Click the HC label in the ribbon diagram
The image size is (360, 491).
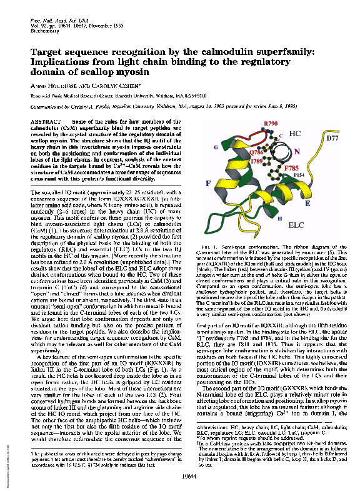pos(296,135)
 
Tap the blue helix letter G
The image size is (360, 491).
pos(216,147)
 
